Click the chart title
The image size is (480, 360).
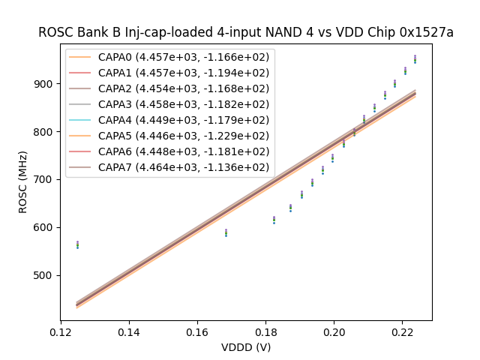click(246, 32)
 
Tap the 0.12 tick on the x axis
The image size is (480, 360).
click(61, 331)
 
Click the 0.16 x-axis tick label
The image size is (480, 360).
click(197, 331)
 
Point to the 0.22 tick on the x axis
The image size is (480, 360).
click(402, 331)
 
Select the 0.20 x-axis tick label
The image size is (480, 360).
click(334, 331)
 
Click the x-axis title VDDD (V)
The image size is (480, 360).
click(246, 346)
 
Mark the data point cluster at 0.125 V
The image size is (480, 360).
click(77, 244)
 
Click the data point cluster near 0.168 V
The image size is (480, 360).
click(226, 232)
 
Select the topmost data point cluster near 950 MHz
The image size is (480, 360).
click(415, 58)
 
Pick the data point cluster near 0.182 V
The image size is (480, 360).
click(274, 220)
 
